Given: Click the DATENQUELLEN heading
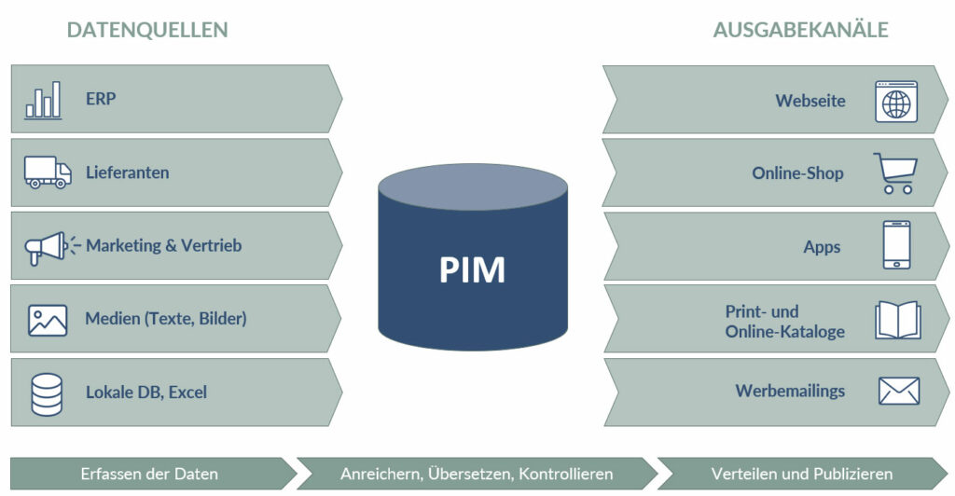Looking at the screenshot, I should pos(147,30).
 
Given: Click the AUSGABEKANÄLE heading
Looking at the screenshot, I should pos(800,30).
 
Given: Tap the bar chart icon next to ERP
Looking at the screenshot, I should pos(43,100).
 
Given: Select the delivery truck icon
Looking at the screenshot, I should pos(48,172).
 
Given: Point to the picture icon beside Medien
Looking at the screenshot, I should pos(47,319).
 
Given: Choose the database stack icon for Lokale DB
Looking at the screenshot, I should pos(47,393).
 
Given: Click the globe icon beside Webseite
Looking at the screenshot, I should pos(895,101).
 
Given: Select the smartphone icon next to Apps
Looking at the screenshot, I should pos(896,245).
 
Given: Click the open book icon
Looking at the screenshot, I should pos(897,320).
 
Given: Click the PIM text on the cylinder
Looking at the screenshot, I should pos(472,269).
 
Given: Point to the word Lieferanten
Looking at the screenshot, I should pos(127,172).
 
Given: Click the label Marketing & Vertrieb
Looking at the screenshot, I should pos(163,246).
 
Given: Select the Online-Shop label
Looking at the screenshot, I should pos(797,173).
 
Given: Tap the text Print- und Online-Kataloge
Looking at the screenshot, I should pos(784,321).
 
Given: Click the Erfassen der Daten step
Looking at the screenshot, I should pos(149,474).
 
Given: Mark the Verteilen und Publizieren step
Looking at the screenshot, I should pos(801,474).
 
